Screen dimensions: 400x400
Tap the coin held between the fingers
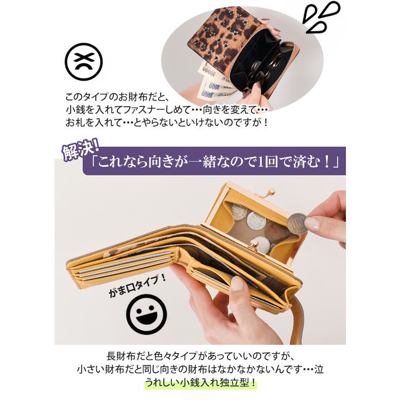297,223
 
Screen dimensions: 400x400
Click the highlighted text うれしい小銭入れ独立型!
201,384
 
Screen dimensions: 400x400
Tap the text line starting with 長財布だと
200,357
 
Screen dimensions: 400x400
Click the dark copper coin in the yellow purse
276,232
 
